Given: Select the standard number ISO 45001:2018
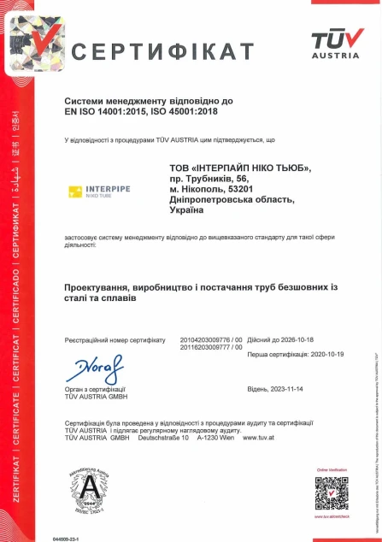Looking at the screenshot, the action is tap(197, 109).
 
